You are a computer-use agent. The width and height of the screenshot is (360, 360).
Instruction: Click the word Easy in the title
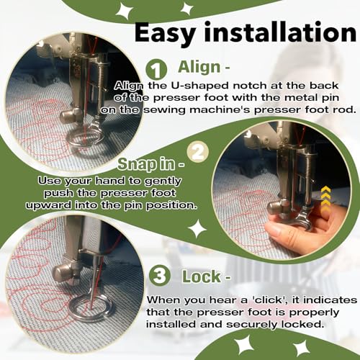[165, 34]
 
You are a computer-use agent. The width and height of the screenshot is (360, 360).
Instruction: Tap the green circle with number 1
[156, 69]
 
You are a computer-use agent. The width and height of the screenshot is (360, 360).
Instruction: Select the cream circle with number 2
[198, 152]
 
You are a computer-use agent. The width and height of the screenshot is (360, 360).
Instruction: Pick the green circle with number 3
[160, 276]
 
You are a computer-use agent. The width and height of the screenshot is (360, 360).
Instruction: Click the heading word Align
[199, 67]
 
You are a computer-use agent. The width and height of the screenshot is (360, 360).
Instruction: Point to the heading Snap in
[151, 164]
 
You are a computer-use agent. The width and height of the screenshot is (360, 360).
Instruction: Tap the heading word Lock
[201, 276]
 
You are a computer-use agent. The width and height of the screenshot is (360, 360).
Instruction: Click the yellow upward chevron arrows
[325, 199]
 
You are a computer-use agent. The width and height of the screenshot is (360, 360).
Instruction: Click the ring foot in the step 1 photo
[86, 138]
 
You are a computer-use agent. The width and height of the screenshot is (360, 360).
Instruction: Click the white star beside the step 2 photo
[197, 228]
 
